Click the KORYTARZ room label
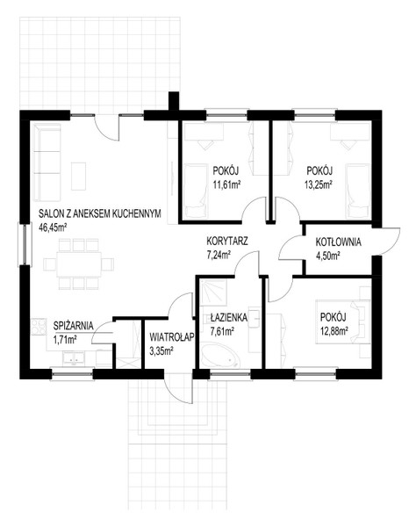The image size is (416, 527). (x=227, y=242)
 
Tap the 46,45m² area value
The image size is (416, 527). (x=53, y=227)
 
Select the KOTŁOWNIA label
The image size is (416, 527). (x=338, y=242)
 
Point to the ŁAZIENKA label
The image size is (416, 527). (x=229, y=317)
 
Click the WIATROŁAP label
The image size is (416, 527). (x=172, y=336)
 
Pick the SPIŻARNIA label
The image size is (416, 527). (x=73, y=326)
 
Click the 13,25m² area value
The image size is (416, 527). (x=319, y=185)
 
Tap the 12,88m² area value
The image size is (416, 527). (x=334, y=331)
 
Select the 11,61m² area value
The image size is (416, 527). (x=226, y=185)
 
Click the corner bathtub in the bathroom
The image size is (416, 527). (x=220, y=356)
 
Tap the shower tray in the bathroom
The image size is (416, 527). (x=213, y=292)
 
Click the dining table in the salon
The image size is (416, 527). (x=79, y=263)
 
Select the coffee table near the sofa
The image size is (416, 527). (x=79, y=177)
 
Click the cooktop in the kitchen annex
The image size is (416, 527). (x=39, y=327)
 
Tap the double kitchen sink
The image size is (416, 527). (x=75, y=359)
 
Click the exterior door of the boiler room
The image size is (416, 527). (x=386, y=242)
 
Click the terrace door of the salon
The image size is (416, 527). (x=107, y=127)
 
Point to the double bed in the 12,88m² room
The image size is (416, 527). (x=342, y=322)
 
